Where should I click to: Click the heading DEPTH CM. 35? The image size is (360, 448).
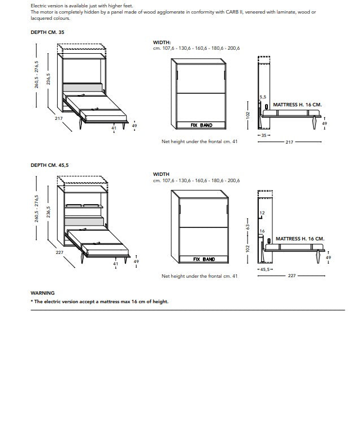point(47,32)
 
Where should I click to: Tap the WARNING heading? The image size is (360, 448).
point(42,293)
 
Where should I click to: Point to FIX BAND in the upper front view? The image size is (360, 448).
point(202,125)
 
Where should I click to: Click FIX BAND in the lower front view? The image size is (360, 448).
point(204,259)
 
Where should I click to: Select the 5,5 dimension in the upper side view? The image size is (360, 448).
point(263,97)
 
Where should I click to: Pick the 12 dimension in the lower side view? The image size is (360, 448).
point(262,213)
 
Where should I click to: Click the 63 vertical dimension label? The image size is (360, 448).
point(247,227)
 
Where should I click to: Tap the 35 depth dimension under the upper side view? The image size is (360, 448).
point(263,136)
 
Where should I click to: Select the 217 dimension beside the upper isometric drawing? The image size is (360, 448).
point(58,118)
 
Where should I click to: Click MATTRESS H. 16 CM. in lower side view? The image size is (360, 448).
point(300,239)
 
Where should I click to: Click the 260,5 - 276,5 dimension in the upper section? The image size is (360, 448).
point(37,74)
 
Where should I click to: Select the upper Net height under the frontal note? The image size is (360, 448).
point(199,141)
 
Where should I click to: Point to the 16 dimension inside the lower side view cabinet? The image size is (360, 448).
point(262,231)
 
